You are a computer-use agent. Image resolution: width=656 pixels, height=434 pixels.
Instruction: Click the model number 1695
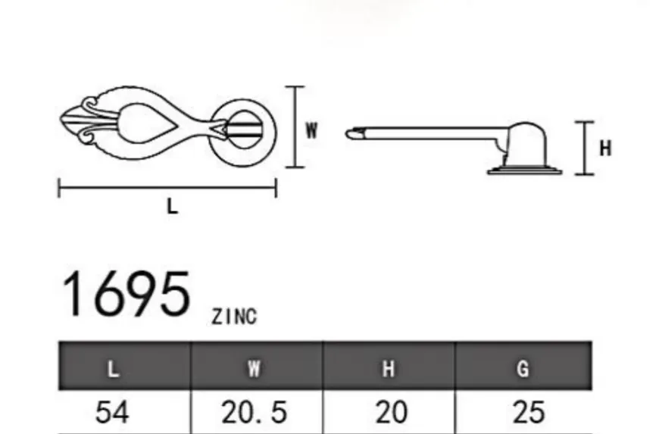point(126,294)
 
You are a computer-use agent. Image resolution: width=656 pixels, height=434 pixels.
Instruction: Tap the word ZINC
point(234,317)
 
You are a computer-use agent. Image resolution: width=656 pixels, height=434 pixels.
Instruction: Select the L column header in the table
point(113,369)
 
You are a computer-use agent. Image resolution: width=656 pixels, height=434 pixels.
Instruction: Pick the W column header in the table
point(254,369)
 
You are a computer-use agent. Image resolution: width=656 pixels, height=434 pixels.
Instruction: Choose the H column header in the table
point(389,369)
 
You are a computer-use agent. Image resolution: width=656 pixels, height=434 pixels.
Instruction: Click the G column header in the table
point(523,369)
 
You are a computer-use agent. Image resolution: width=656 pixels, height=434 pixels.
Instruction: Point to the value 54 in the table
point(112,412)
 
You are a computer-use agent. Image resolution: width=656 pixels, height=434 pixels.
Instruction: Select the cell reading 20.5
point(254,412)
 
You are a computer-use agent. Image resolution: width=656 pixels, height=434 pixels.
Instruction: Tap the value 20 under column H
point(392,412)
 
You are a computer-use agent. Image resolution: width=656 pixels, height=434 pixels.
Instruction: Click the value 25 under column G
point(529,412)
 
